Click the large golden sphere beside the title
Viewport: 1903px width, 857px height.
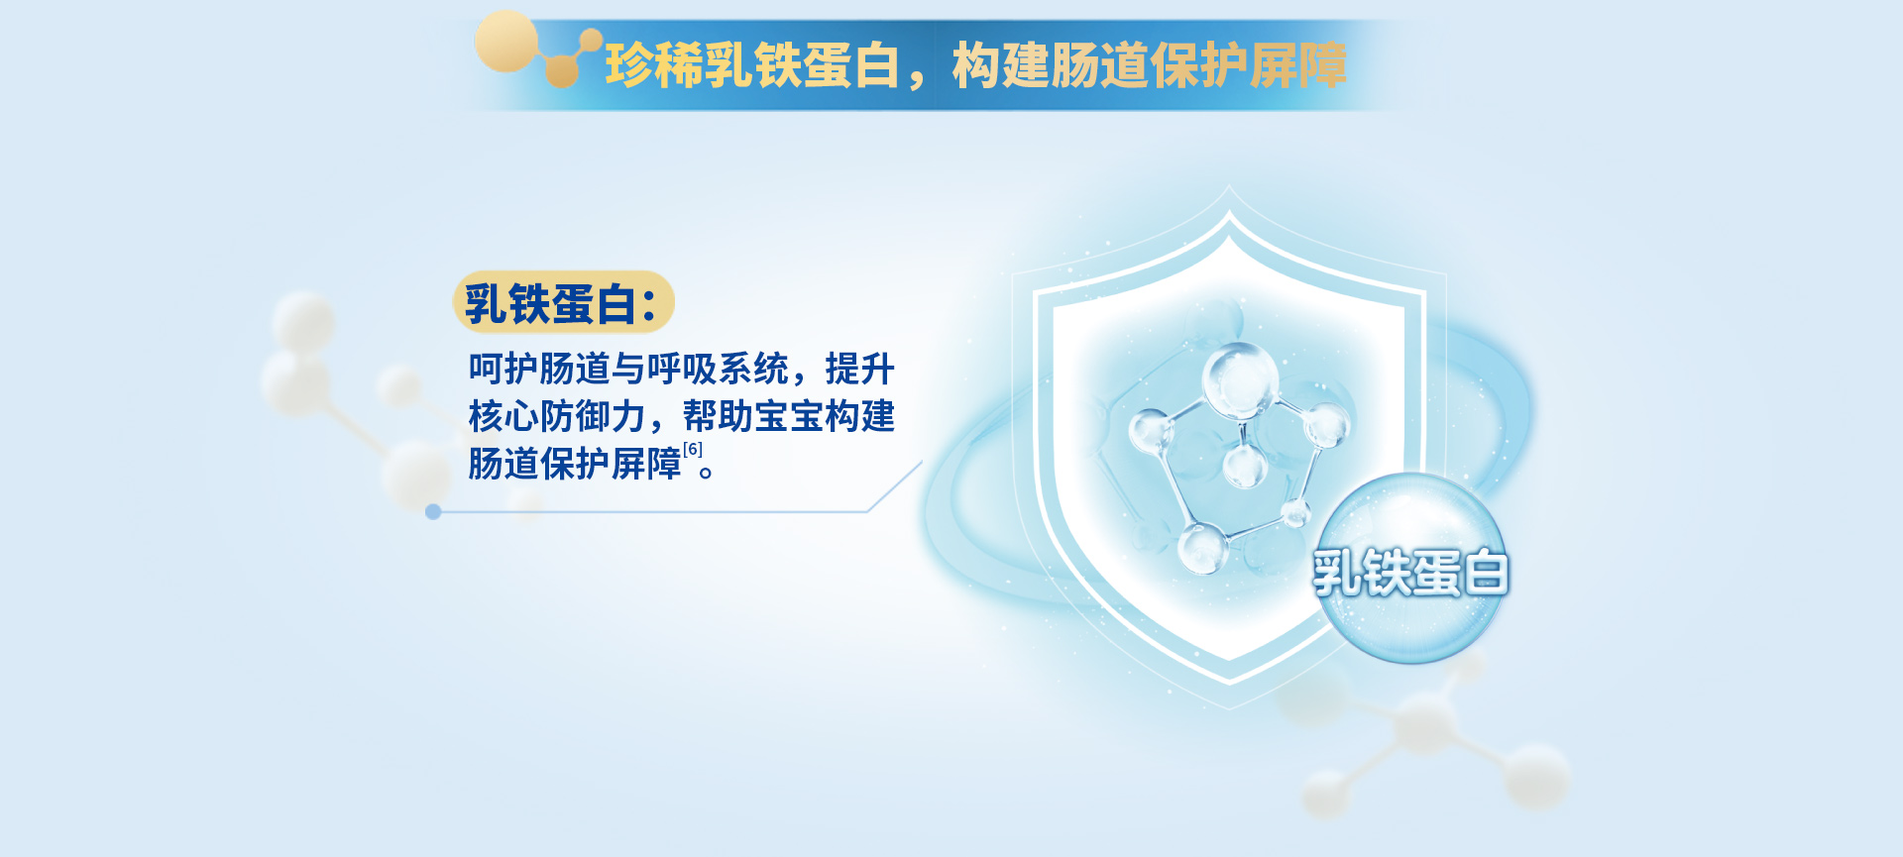(x=506, y=42)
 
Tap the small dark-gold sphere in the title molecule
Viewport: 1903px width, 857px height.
(x=562, y=71)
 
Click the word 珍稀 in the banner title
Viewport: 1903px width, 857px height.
(x=654, y=65)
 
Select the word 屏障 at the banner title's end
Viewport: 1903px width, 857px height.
(x=1297, y=65)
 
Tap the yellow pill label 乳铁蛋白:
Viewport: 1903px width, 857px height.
(x=563, y=302)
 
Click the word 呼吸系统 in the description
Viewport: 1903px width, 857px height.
(x=718, y=369)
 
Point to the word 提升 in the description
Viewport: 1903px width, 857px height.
(x=860, y=369)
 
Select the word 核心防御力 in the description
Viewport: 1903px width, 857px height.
(x=557, y=416)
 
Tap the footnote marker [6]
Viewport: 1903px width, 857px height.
(x=693, y=449)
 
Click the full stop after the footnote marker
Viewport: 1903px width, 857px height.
(x=707, y=472)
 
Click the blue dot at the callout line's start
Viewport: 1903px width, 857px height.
(x=433, y=511)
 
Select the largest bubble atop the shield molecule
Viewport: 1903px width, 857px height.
(x=1239, y=378)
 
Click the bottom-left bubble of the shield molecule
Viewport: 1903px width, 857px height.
(x=1203, y=548)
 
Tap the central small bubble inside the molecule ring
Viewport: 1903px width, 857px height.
(x=1244, y=465)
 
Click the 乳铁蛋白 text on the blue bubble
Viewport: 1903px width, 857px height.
(x=1410, y=573)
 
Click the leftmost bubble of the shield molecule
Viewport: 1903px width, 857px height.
(x=1151, y=432)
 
